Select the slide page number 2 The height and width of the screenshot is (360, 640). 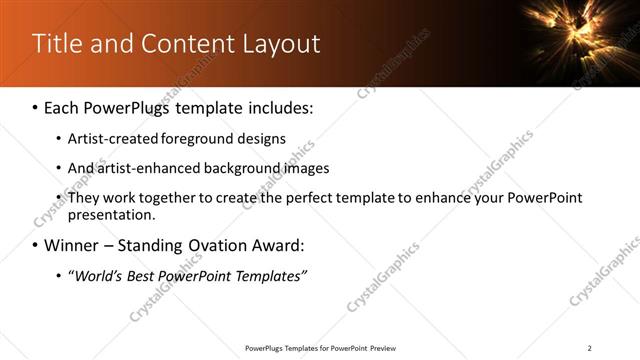click(589, 347)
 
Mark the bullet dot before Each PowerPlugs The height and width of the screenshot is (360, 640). click(37, 107)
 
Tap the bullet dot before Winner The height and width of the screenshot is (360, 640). click(37, 245)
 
